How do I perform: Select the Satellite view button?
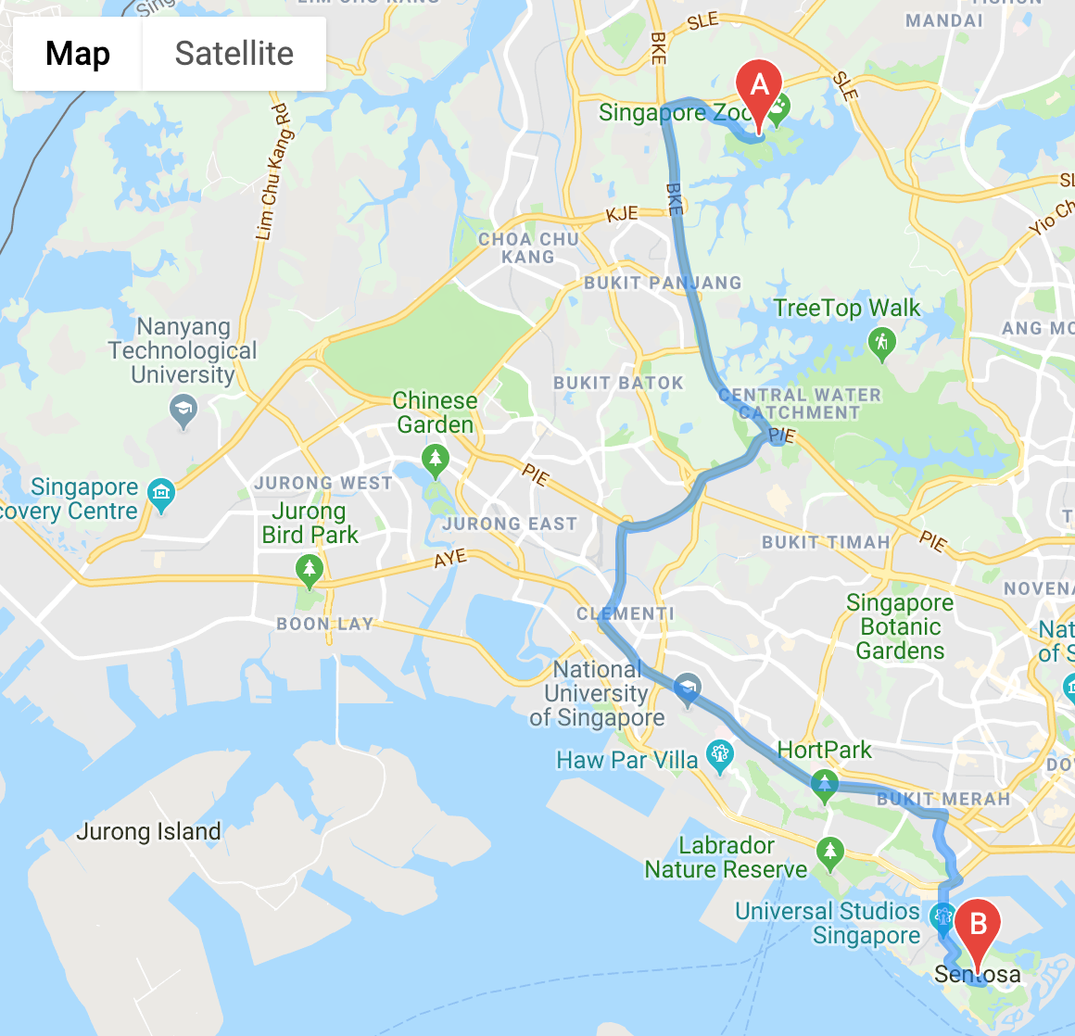click(x=234, y=54)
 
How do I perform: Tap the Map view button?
click(x=78, y=54)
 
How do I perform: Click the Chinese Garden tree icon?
click(x=435, y=458)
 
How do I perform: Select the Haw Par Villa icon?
click(x=719, y=755)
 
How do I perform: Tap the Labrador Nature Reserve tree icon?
click(x=829, y=851)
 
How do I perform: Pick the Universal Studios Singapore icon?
click(x=943, y=916)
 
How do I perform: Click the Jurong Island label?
click(x=148, y=831)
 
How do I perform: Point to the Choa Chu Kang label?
click(x=528, y=248)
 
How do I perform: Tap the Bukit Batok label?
click(x=618, y=383)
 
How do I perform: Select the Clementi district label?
click(x=626, y=613)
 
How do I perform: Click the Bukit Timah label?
click(x=826, y=542)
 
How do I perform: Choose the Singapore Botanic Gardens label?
click(x=900, y=627)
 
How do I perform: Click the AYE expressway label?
click(x=450, y=559)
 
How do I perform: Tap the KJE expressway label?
click(x=622, y=214)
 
